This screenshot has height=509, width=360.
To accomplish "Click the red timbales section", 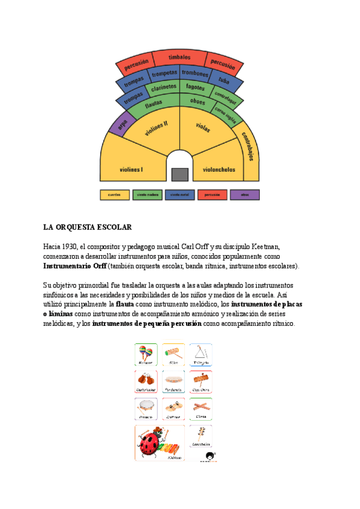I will click(x=179, y=58).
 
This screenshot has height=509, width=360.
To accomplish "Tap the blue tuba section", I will click(x=224, y=80).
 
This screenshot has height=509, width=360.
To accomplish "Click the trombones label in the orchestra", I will click(x=195, y=74).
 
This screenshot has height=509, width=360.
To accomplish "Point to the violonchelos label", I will click(x=218, y=169).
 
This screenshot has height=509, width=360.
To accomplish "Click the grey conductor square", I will click(x=179, y=174).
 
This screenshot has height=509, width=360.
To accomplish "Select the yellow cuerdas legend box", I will click(x=114, y=194).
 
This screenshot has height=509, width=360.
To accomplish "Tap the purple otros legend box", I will click(x=245, y=194).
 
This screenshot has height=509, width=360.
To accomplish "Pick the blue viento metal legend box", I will click(x=179, y=194).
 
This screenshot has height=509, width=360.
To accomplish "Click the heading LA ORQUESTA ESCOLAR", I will click(x=87, y=228).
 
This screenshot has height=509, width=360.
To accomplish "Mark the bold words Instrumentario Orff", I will click(x=75, y=266).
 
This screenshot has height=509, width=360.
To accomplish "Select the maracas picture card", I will click(x=146, y=354).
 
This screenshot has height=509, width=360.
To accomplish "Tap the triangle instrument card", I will click(x=201, y=354).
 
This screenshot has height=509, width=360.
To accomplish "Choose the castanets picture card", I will click(x=146, y=381).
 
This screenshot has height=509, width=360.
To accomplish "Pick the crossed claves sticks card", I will click(x=201, y=409).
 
